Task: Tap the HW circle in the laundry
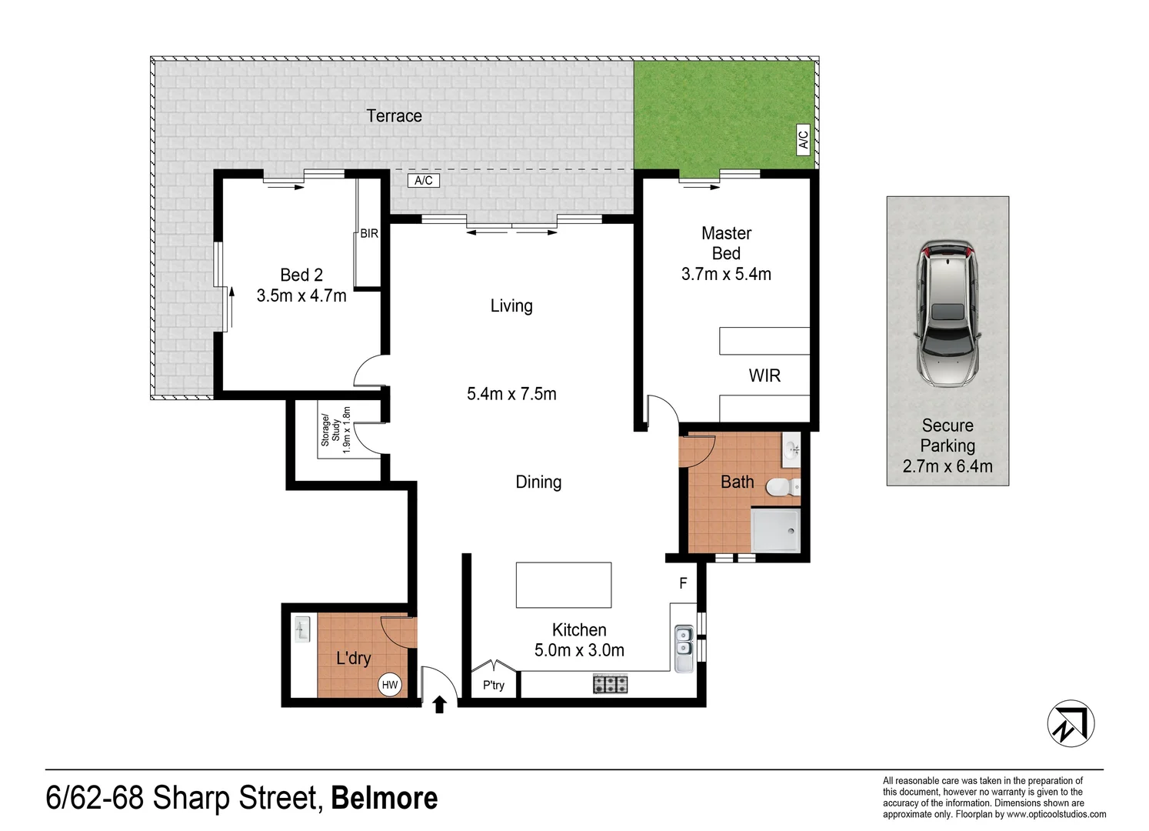[390, 685]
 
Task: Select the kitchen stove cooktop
[610, 683]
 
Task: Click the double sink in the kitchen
[683, 647]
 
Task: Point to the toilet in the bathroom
[783, 486]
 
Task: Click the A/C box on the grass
[804, 139]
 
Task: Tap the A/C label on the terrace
[424, 181]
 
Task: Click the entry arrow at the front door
[439, 704]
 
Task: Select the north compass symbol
[1071, 723]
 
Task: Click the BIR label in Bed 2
[369, 233]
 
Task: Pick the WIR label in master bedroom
[764, 375]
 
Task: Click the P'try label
[494, 685]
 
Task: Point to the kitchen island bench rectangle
[564, 585]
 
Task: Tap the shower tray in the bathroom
[775, 531]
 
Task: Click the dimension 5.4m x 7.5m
[511, 394]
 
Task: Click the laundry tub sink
[302, 630]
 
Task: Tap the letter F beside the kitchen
[683, 584]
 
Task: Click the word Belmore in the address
[384, 798]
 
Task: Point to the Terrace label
[394, 116]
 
